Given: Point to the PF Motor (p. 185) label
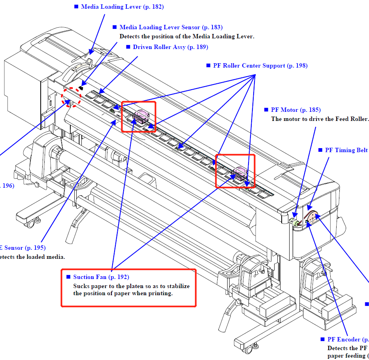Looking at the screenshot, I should point(296,110).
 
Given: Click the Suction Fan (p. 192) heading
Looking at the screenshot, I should point(101,277).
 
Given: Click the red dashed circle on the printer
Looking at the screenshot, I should point(72,97).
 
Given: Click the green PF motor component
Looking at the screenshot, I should point(294,224).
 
